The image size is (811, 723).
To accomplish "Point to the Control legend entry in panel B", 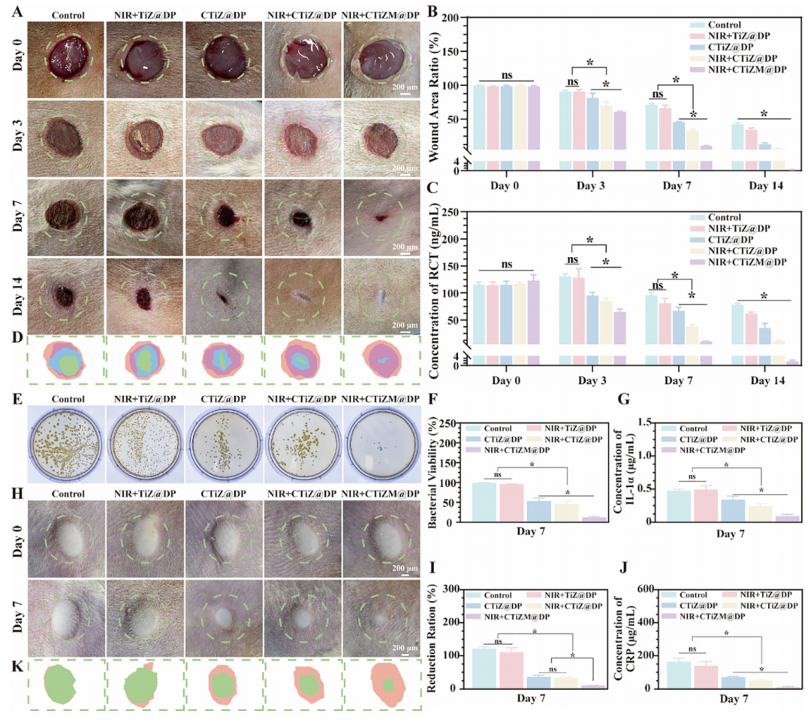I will [720, 23].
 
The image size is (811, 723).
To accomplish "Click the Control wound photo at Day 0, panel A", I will [65, 60].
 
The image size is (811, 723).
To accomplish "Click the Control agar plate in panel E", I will [65, 443].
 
